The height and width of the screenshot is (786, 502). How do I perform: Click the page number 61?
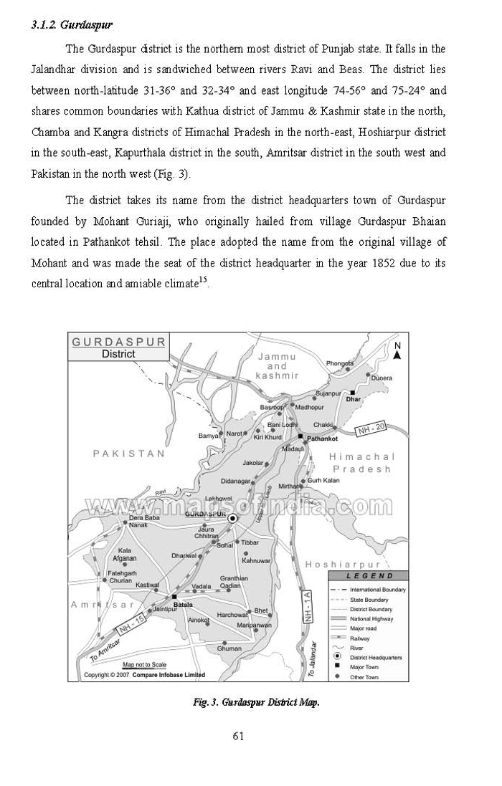tap(240, 735)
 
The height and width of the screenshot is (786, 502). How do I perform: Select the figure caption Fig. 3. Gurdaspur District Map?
tap(256, 701)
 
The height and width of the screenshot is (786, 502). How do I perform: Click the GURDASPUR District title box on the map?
tap(118, 348)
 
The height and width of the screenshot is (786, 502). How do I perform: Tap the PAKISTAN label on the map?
tap(129, 454)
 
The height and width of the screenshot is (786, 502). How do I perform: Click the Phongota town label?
tap(340, 363)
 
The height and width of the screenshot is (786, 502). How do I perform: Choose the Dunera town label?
tap(382, 378)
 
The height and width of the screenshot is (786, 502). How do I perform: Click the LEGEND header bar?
tap(369, 575)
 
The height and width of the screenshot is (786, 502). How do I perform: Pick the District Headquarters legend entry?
tap(375, 657)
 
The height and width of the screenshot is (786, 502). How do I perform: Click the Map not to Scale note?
tap(144, 665)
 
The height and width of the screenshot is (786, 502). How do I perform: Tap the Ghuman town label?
tap(229, 648)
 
